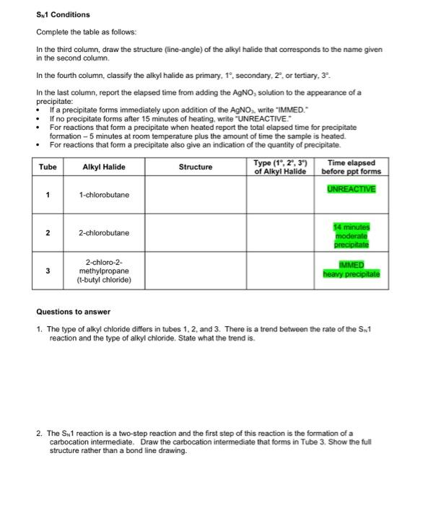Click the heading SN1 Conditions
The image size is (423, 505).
point(64,14)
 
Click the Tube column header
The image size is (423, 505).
point(48,167)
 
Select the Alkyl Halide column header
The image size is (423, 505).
point(104,167)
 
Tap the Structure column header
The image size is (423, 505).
point(196,167)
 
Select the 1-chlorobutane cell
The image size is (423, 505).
point(104,195)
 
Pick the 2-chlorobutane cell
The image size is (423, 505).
point(104,233)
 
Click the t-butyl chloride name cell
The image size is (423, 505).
point(104,271)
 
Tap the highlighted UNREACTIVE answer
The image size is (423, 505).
point(352,188)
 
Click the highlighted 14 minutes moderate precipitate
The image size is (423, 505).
point(352,235)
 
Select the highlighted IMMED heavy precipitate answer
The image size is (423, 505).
point(352,269)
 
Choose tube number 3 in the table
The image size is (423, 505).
point(48,271)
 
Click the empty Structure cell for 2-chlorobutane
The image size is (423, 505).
point(196,233)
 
